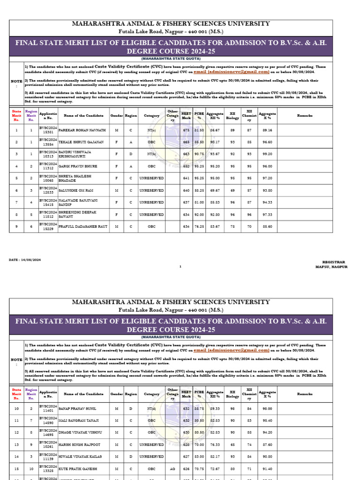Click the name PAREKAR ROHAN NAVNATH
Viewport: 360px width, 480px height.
(82, 129)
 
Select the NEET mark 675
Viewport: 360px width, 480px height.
(186, 129)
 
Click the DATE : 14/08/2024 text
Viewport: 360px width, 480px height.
(25, 259)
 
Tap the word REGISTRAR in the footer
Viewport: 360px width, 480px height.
(333, 262)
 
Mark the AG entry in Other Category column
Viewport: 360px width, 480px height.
(172, 468)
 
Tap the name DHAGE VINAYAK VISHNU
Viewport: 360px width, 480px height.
(80, 432)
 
